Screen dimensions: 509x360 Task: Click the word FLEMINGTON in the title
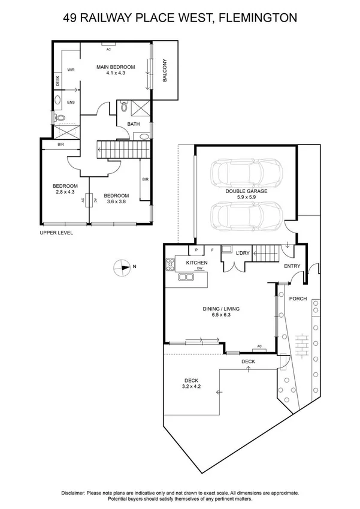[x=258, y=19]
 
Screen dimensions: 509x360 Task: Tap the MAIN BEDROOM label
[x=116, y=67]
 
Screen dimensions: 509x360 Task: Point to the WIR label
[x=70, y=70]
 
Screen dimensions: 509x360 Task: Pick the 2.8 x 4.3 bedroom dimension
[x=63, y=192]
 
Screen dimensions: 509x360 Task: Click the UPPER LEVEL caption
[x=56, y=233]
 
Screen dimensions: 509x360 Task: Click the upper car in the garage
[x=246, y=172]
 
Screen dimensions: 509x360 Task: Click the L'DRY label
[x=243, y=253]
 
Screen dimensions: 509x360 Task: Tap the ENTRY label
[x=292, y=266]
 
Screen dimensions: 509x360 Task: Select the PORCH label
[x=297, y=298]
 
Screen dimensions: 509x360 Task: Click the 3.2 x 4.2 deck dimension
[x=192, y=386]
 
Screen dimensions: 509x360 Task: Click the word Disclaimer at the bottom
[x=75, y=492]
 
